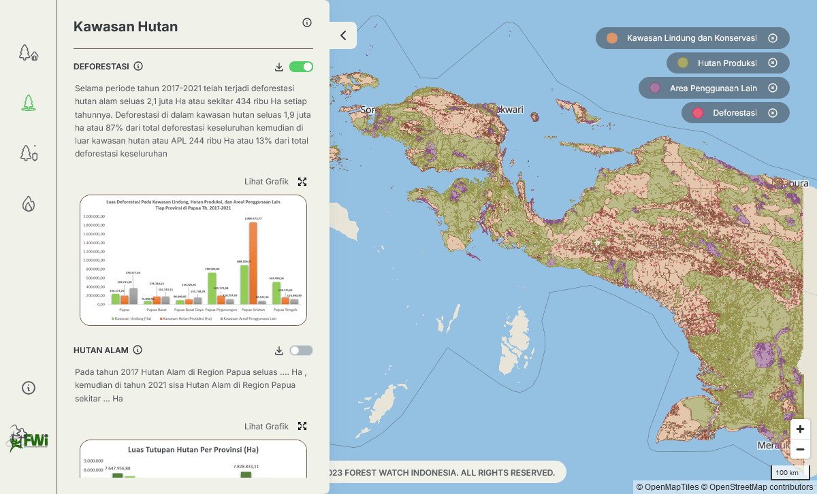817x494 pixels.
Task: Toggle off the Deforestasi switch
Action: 301,67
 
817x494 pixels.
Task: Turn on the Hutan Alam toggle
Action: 301,350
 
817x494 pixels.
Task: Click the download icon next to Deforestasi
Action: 279,67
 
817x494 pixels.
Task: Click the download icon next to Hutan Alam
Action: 279,350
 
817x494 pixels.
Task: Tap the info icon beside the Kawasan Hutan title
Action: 307,22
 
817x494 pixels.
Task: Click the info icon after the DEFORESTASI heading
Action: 138,66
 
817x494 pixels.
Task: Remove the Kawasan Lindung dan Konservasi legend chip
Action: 773,38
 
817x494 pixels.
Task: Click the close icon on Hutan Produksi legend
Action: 773,63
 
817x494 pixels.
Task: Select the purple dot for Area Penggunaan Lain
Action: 655,88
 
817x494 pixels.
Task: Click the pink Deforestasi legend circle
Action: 697,113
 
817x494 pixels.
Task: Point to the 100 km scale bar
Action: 787,472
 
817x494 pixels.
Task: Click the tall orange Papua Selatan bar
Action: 253,263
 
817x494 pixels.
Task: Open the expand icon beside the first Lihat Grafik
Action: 302,182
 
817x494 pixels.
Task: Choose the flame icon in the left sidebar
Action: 28,203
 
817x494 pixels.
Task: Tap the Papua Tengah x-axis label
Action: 285,310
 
